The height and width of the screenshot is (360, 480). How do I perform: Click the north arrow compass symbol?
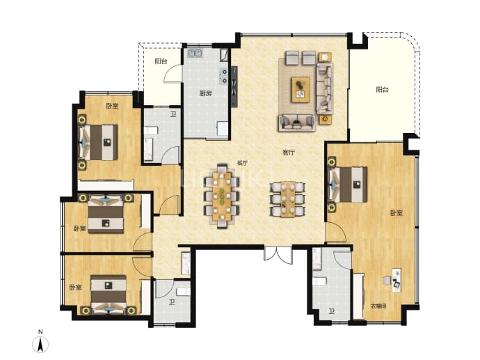click(40, 345)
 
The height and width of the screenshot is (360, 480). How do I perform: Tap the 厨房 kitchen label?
click(205, 93)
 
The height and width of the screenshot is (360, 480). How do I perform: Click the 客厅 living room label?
click(289, 152)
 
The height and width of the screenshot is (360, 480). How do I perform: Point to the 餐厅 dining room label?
click(242, 163)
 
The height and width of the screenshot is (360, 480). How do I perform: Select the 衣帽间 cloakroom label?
click(378, 306)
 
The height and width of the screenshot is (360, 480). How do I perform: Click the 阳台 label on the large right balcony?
click(383, 89)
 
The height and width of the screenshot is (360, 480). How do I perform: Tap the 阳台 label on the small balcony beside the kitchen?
click(161, 61)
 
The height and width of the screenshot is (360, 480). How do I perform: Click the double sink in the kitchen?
click(195, 53)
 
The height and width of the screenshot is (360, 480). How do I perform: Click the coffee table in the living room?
click(301, 89)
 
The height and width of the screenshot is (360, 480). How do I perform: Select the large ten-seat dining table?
click(222, 196)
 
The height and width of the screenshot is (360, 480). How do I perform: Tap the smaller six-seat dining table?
click(287, 199)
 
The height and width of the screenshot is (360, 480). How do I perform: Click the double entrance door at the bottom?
click(278, 254)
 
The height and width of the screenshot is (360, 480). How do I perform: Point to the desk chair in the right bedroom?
click(387, 280)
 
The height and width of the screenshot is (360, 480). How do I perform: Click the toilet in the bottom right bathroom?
click(319, 281)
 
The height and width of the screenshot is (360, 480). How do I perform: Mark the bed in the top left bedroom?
click(98, 143)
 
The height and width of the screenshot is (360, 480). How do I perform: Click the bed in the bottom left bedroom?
click(109, 294)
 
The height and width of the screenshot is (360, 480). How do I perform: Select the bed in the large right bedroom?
click(347, 185)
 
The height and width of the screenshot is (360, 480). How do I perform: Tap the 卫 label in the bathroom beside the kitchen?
click(173, 115)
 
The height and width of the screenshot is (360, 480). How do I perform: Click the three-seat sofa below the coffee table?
click(296, 123)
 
